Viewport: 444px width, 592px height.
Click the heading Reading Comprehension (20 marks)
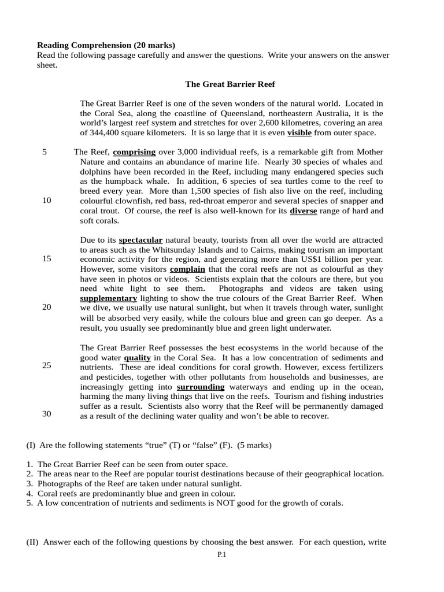pyautogui.click(x=106, y=45)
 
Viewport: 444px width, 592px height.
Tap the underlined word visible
pyautogui.click(x=299, y=133)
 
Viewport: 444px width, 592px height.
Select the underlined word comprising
pyautogui.click(x=134, y=152)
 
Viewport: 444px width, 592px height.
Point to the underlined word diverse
pyautogui.click(x=303, y=211)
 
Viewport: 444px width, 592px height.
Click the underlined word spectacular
pyautogui.click(x=140, y=240)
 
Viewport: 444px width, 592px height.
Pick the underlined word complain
pyautogui.click(x=187, y=269)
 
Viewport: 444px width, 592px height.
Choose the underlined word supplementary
pyautogui.click(x=109, y=299)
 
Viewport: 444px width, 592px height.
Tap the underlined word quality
pyautogui.click(x=137, y=358)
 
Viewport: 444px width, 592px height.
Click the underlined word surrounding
pyautogui.click(x=201, y=387)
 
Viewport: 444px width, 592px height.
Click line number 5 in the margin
pyautogui.click(x=45, y=152)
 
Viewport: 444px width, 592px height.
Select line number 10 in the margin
pyautogui.click(x=46, y=201)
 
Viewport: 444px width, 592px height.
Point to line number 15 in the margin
pyautogui.click(x=46, y=259)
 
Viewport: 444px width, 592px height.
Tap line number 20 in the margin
pyautogui.click(x=46, y=308)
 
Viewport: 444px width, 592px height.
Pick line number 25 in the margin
pyautogui.click(x=46, y=365)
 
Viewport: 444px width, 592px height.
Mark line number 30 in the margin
pyautogui.click(x=46, y=414)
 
